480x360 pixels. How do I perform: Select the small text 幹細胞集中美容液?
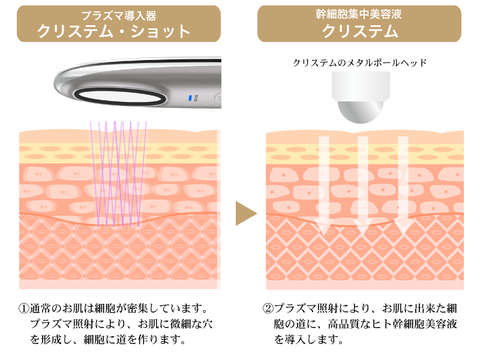359,14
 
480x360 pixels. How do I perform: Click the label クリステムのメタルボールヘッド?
360,62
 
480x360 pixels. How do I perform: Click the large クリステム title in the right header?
359,31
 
